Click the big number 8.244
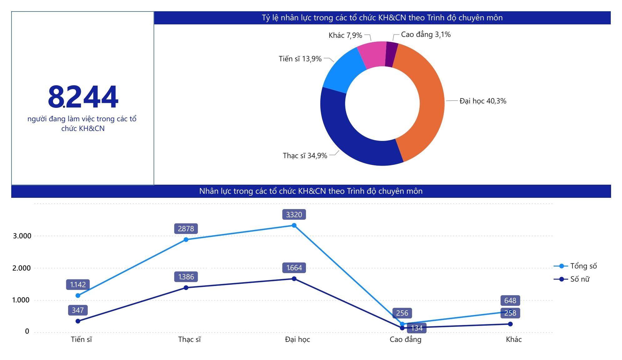[x=83, y=97]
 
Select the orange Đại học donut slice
[x=429, y=103]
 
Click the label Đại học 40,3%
[x=483, y=101]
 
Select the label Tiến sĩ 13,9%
[x=300, y=59]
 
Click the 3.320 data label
[x=294, y=215]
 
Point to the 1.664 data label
[x=294, y=268]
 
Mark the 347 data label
[x=78, y=310]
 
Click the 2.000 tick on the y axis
[x=22, y=268]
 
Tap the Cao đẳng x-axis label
[x=405, y=339]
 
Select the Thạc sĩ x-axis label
[x=189, y=339]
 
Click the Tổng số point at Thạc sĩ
[x=186, y=240]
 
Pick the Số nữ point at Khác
[x=510, y=324]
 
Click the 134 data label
[x=417, y=328]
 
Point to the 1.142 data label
[x=78, y=285]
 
